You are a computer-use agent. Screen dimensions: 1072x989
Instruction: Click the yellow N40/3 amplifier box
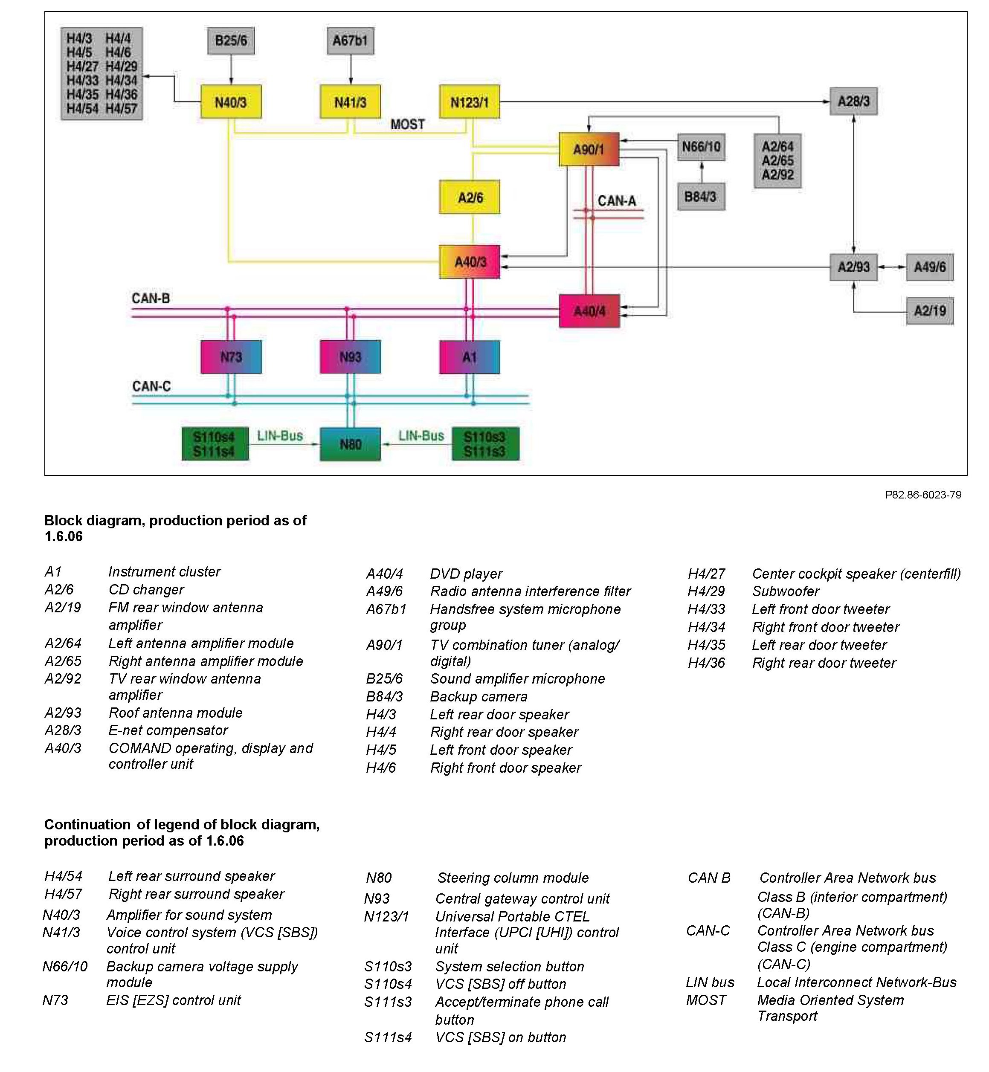(231, 101)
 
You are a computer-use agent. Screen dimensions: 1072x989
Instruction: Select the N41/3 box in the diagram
(350, 101)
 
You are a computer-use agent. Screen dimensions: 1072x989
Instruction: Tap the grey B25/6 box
(231, 41)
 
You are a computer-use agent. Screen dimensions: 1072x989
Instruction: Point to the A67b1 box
(350, 41)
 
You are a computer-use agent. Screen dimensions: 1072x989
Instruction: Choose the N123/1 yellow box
(470, 101)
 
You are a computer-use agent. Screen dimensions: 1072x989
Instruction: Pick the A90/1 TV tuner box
(589, 149)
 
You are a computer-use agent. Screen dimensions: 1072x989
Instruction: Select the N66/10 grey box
(701, 147)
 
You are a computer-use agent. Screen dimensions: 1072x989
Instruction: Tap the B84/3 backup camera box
(701, 197)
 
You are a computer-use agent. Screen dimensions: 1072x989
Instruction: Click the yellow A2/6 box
(470, 197)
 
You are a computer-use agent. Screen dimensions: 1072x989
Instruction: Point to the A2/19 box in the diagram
(930, 311)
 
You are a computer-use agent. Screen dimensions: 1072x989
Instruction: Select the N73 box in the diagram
(231, 357)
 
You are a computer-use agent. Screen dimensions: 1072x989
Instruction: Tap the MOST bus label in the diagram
(407, 125)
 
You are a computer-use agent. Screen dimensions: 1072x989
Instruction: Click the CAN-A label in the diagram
(617, 201)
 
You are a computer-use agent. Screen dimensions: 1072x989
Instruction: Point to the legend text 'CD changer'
(146, 590)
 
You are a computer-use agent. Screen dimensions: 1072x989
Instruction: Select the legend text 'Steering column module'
(513, 878)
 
